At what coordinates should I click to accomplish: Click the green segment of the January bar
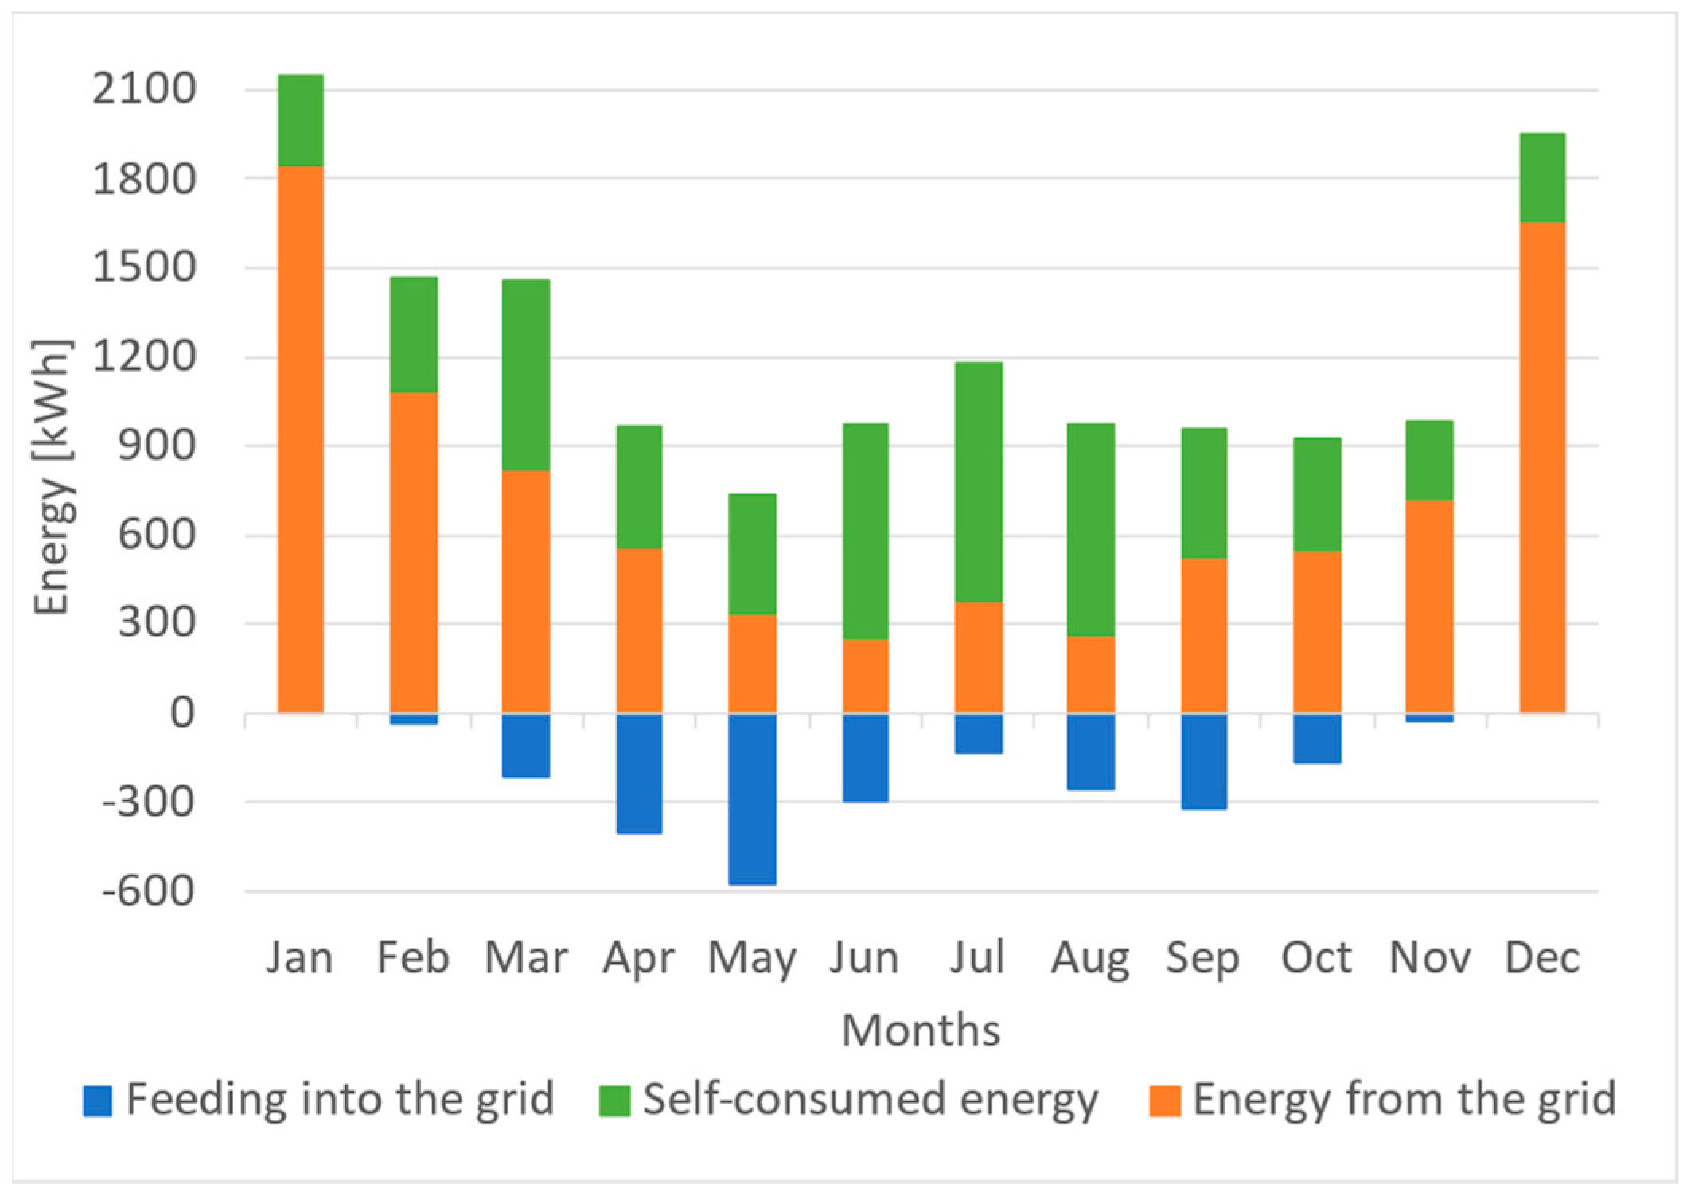click(301, 120)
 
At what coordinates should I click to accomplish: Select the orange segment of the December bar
click(1542, 468)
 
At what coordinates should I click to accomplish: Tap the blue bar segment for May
click(752, 799)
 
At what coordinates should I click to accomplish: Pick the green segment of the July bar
click(979, 482)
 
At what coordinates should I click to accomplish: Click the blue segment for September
click(1204, 762)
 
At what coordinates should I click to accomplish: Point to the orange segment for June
click(866, 676)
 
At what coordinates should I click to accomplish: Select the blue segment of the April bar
click(639, 773)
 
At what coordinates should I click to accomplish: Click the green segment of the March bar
click(526, 375)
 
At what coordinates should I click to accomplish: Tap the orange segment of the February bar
click(414, 552)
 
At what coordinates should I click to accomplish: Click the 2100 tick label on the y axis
click(144, 89)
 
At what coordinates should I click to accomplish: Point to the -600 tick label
click(148, 890)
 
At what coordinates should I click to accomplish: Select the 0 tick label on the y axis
click(182, 713)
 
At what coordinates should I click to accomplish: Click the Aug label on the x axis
click(1090, 958)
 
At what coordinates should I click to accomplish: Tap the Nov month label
click(1430, 957)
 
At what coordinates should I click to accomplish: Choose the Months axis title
click(921, 1030)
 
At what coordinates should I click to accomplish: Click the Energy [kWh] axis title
click(53, 477)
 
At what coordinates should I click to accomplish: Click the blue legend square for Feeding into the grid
click(97, 1101)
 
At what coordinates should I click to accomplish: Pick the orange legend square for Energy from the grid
click(1164, 1101)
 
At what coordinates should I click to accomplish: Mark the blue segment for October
click(1317, 738)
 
